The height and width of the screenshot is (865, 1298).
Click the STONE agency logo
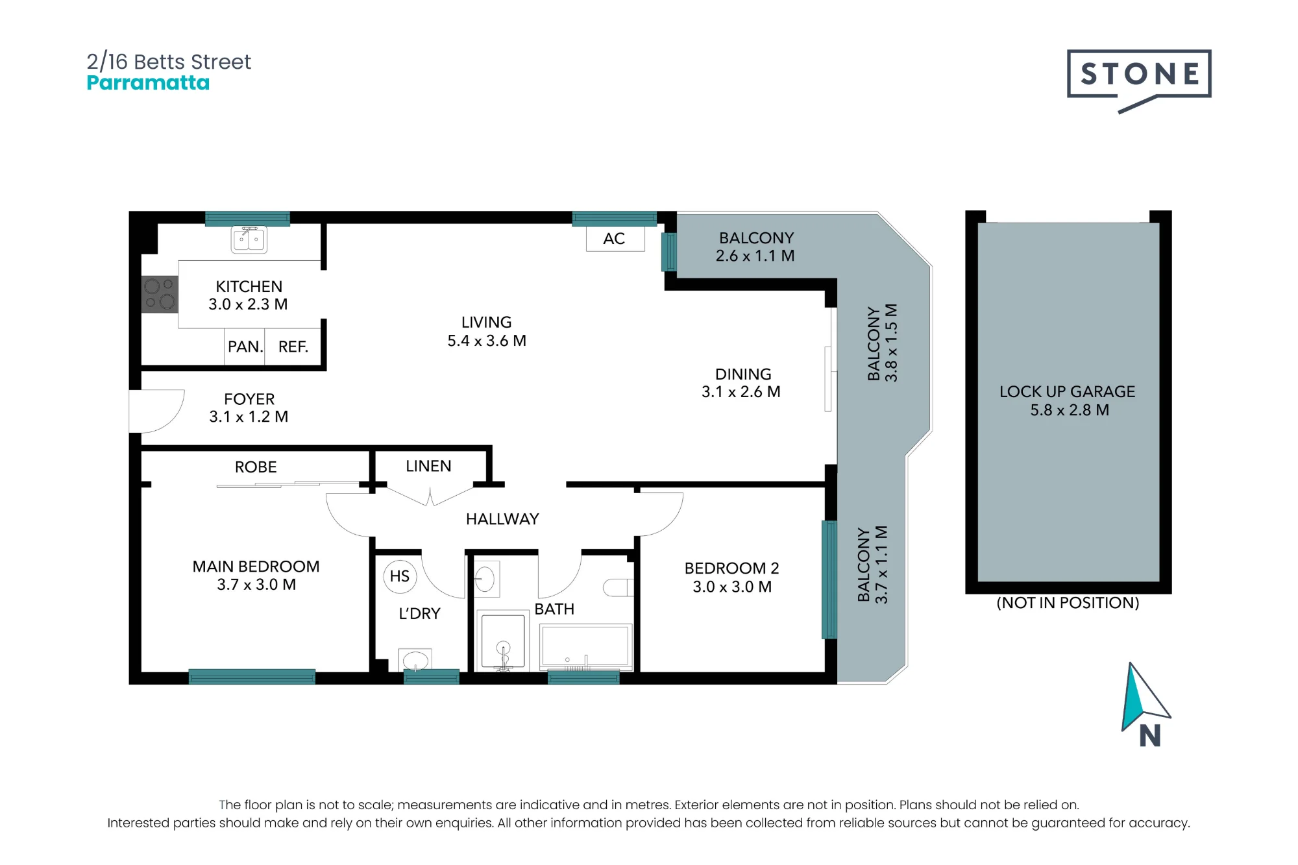1139,79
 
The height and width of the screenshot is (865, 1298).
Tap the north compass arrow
1145,698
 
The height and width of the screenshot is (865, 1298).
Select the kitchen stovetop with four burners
160,294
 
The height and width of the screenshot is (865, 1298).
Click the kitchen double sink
249,239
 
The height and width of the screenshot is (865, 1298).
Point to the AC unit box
615,239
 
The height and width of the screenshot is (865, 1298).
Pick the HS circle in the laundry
400,576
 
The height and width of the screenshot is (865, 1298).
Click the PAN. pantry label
245,347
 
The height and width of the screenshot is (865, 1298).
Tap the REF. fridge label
293,347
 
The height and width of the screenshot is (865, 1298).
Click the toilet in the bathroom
618,588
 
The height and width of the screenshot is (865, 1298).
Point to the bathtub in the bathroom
586,647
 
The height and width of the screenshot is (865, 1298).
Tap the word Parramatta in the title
148,83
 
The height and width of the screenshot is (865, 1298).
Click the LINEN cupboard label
428,466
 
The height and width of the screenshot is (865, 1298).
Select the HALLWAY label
502,519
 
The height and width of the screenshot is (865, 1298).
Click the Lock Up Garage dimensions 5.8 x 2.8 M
1070,410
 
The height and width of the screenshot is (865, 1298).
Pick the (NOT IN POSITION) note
1068,603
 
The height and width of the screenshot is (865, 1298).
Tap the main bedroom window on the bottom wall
252,677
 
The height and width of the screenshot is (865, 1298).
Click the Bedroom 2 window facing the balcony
829,579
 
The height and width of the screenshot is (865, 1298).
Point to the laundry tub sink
415,661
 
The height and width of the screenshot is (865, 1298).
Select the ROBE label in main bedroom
256,467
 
